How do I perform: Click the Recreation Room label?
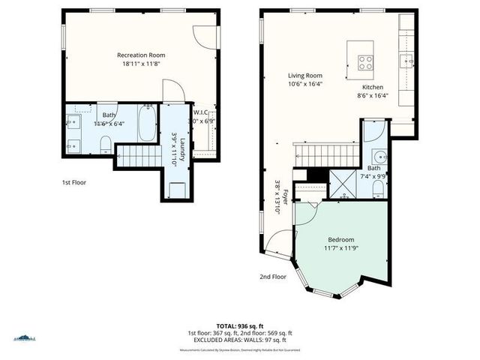pos(141,55)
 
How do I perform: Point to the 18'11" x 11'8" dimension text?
pos(141,64)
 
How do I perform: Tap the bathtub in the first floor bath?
pos(147,124)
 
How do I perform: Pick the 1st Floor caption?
pos(75,182)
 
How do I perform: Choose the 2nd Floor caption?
pos(273,277)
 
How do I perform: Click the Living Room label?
pos(305,75)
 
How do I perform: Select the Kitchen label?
pos(373,86)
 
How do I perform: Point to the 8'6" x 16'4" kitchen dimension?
pos(373,95)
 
